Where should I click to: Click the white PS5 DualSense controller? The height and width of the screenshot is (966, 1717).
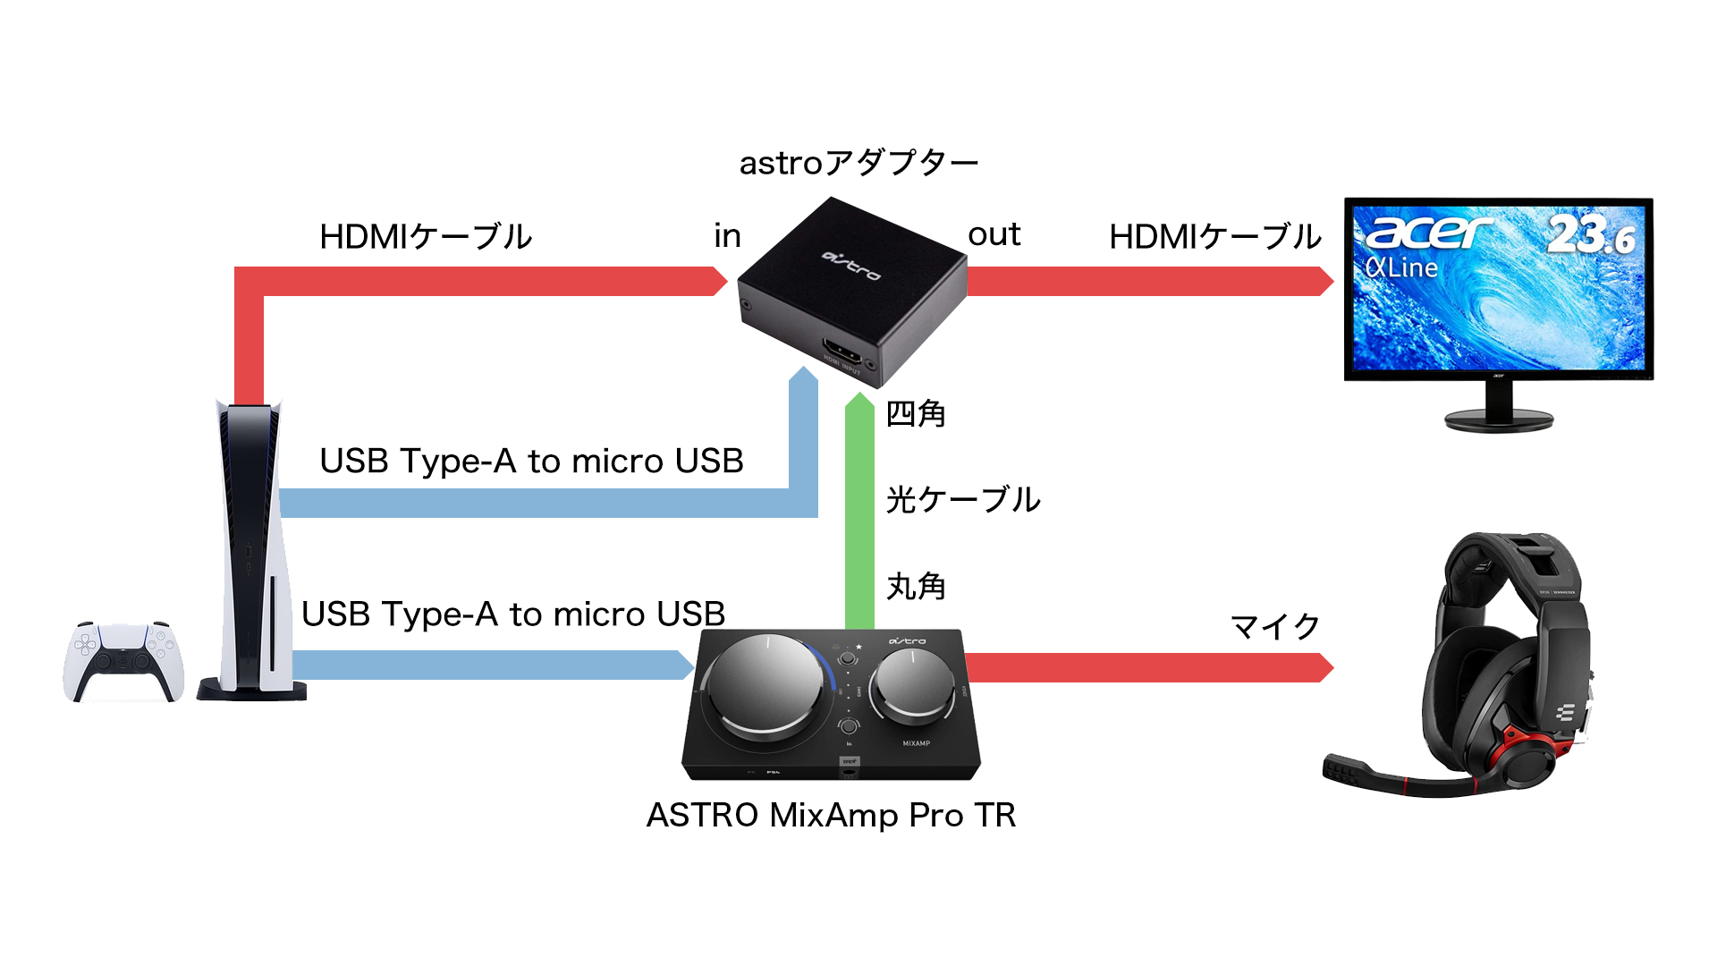[x=123, y=662]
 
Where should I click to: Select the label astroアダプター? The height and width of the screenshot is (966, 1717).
[x=858, y=163]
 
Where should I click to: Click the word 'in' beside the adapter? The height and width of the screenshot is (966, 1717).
[x=727, y=236]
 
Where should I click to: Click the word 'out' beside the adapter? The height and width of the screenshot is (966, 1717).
[x=994, y=234]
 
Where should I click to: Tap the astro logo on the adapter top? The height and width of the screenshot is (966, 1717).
[x=851, y=265]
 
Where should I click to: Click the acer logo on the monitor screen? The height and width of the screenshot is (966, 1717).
[x=1428, y=233]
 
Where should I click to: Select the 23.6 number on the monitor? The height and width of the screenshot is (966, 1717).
[x=1591, y=234]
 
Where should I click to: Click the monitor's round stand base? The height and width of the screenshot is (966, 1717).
[x=1499, y=419]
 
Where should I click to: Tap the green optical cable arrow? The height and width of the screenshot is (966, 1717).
[x=859, y=510]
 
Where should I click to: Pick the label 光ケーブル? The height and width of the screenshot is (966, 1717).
[x=962, y=499]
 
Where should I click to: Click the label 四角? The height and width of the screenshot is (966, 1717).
[x=915, y=413]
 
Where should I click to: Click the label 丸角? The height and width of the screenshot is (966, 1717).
[x=915, y=586]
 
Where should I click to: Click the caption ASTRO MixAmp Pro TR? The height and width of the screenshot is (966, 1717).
[x=831, y=815]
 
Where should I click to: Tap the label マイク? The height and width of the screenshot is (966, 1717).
[x=1275, y=626]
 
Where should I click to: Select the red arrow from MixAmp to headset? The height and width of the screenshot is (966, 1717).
[x=1145, y=667]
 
